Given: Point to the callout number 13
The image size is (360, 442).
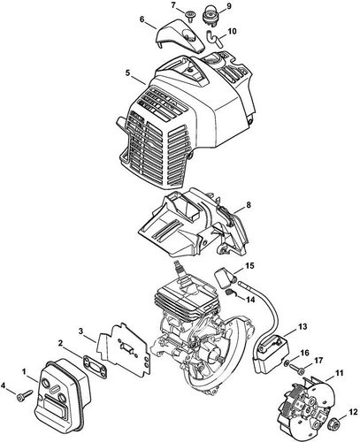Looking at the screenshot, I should (302, 326).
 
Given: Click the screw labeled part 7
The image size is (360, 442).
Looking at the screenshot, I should (189, 16).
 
